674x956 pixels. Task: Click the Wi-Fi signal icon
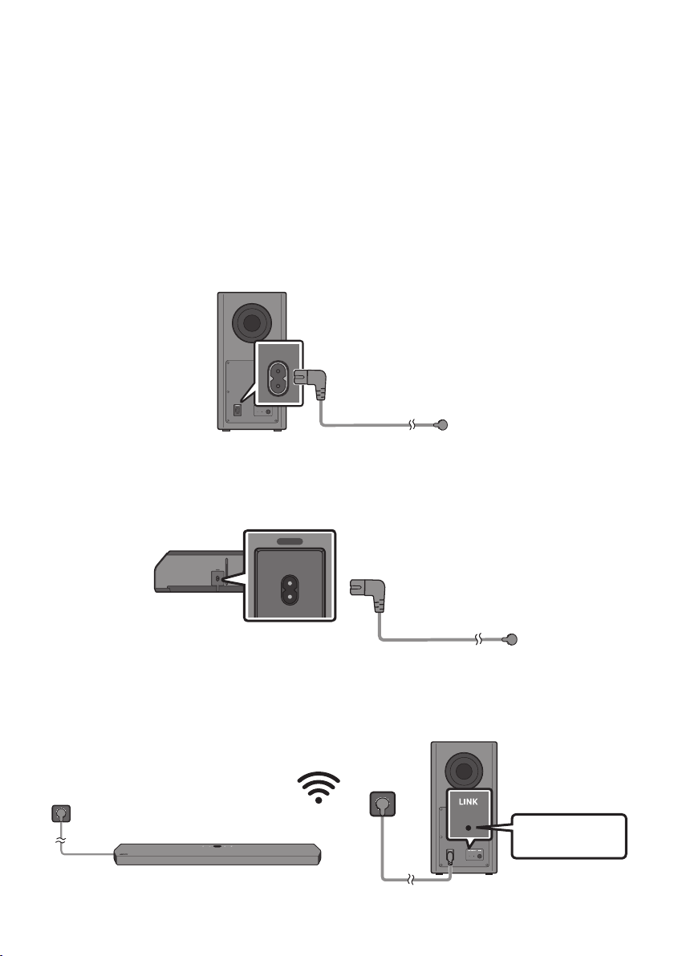[319, 788]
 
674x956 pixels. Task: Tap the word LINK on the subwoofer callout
[469, 802]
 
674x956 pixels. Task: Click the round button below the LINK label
[469, 828]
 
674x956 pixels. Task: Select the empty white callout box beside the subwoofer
[568, 836]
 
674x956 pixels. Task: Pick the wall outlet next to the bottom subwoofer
[383, 804]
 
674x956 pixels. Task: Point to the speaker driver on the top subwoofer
[251, 322]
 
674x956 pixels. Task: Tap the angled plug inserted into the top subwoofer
[312, 383]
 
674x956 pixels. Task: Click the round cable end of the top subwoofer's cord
[443, 425]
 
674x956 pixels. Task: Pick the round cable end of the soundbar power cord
[513, 639]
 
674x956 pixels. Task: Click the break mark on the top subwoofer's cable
[413, 424]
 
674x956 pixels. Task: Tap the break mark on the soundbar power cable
[480, 639]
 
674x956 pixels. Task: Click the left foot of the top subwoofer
[225, 431]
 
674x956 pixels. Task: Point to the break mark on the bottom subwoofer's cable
[413, 879]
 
